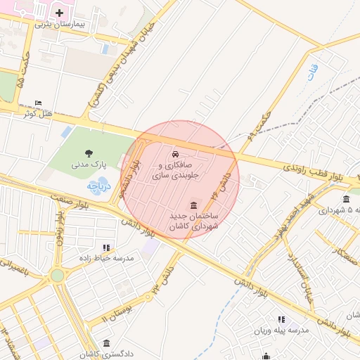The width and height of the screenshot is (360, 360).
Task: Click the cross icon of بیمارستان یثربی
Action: click(59, 13)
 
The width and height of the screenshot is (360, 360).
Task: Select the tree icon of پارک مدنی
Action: click(89, 153)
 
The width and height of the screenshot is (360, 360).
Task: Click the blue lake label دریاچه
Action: click(94, 186)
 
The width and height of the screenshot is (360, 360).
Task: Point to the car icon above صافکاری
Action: click(174, 154)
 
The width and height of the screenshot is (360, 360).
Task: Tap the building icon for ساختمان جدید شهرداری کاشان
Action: click(193, 204)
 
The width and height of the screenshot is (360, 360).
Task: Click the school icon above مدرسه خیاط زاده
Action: click(106, 247)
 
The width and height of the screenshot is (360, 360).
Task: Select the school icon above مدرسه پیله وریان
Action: click(282, 320)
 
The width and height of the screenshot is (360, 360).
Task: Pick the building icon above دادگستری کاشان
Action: click(106, 343)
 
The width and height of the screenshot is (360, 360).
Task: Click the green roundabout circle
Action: click(57, 276)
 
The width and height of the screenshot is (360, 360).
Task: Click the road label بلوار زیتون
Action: click(65, 232)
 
